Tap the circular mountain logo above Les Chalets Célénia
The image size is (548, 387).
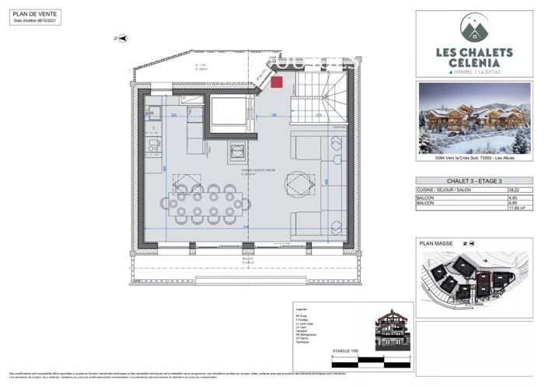click(x=473, y=30)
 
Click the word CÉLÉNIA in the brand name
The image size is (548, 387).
click(x=473, y=62)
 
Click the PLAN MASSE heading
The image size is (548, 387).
click(x=435, y=243)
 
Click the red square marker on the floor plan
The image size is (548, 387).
click(x=277, y=82)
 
